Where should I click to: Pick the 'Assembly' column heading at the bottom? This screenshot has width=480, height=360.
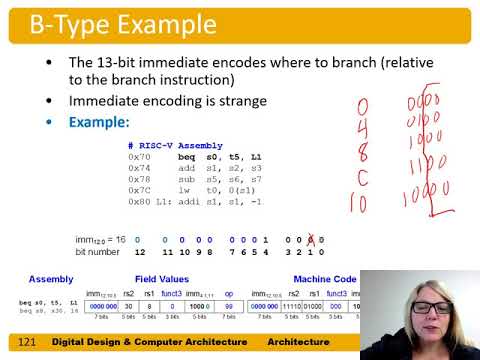tap(50, 279)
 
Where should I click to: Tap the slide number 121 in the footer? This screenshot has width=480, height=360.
tap(27, 342)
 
